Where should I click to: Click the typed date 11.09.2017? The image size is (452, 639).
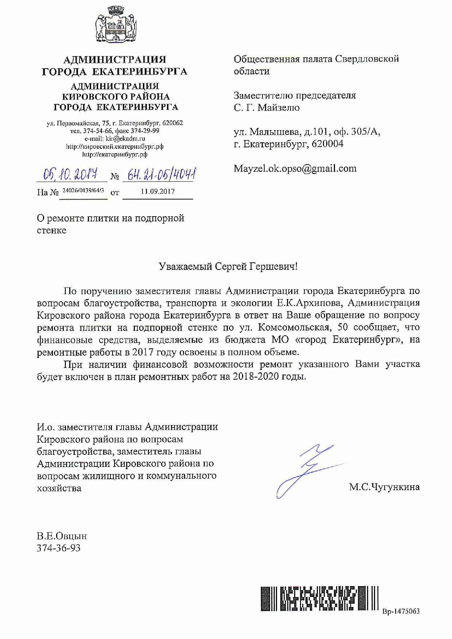tap(157, 191)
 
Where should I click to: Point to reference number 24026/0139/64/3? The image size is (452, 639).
tap(83, 190)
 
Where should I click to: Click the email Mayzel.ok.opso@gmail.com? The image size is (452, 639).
tap(295, 169)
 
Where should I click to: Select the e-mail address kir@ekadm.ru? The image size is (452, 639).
tap(125, 139)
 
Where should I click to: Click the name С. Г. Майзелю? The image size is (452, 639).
tap(266, 108)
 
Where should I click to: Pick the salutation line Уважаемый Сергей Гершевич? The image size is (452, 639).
tap(228, 267)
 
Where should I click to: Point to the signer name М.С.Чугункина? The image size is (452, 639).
tap(384, 487)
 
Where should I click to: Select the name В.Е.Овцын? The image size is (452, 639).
tap(62, 536)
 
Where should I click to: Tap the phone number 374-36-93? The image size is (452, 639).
tap(58, 548)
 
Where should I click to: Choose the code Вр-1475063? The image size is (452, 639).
tap(401, 611)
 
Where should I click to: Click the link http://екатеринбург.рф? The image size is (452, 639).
tap(115, 154)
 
